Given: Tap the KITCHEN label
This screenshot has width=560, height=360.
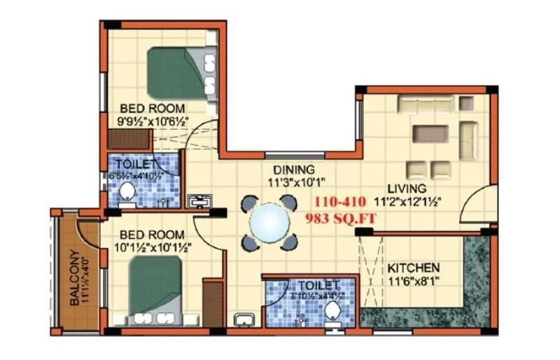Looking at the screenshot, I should click(x=413, y=268).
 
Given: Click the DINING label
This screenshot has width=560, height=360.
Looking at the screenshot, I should click(x=293, y=169).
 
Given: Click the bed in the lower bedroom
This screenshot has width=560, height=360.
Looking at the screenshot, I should click(x=157, y=291).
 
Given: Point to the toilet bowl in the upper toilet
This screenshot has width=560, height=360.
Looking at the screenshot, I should click(x=127, y=191).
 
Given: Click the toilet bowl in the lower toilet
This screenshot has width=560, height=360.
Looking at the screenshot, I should click(x=334, y=313).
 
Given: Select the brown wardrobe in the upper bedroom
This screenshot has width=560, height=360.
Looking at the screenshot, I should click(x=125, y=139).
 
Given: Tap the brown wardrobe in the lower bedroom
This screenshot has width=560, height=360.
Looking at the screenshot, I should click(x=211, y=303).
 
